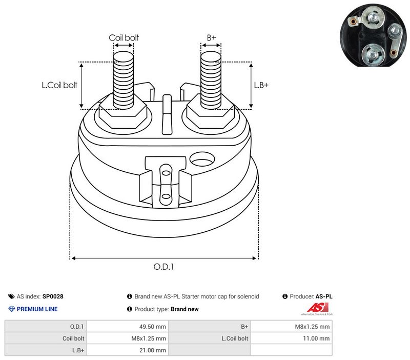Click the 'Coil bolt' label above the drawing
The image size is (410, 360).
click(x=124, y=37)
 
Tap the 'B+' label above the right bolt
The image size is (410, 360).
click(x=211, y=37)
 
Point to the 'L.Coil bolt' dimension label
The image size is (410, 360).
click(x=59, y=85)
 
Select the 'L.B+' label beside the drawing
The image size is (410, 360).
click(x=261, y=85)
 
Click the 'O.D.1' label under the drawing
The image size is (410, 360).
click(x=163, y=267)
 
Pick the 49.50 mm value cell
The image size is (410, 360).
click(x=152, y=327)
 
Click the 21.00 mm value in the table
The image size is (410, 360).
click(x=152, y=350)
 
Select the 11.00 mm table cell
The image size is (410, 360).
click(x=316, y=338)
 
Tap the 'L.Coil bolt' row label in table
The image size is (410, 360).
click(x=235, y=338)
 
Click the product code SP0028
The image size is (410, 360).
click(x=53, y=296)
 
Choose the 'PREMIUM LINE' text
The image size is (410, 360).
click(x=37, y=309)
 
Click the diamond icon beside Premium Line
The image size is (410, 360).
click(x=12, y=309)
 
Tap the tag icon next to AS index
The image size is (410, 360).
click(x=11, y=296)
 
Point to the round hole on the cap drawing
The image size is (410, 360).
click(x=202, y=159)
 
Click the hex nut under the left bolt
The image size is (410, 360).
click(x=123, y=115)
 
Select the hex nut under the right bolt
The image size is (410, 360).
click(x=211, y=115)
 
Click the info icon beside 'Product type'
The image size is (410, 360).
click(x=130, y=309)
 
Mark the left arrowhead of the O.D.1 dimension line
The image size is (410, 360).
click(x=73, y=258)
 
